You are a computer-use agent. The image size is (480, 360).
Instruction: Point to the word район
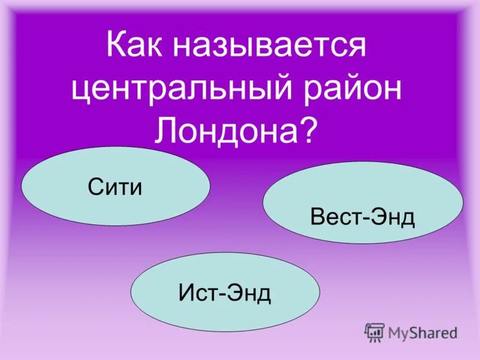360,90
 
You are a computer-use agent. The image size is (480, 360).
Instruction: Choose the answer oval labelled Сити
115,187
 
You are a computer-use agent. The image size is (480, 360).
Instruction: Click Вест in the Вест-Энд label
331,217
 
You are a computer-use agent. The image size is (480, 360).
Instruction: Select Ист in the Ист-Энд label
197,293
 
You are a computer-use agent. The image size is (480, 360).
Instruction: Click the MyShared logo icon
374,332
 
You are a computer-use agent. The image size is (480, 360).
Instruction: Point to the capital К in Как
116,47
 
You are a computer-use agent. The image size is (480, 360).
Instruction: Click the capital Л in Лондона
166,130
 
